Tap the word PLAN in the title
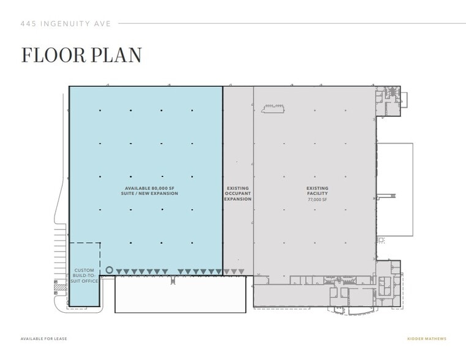tap(119, 54)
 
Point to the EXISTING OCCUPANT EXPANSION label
tap(238, 193)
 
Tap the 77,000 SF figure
tap(317, 200)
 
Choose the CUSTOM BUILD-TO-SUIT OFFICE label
tap(85, 276)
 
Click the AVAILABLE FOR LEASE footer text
tap(43, 339)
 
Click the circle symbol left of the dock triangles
tap(110, 270)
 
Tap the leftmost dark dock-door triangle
tap(119, 272)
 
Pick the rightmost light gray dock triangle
tap(241, 272)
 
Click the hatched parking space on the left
tap(60, 287)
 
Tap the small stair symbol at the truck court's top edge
tap(173, 280)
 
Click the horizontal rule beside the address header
tap(291, 24)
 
